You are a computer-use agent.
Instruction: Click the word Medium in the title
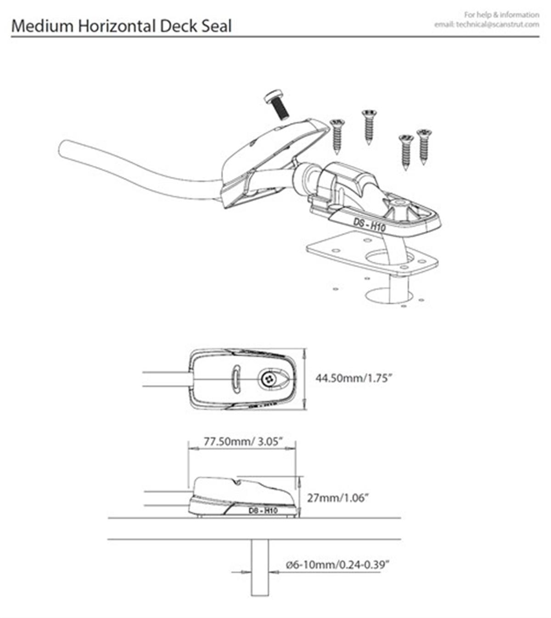42,26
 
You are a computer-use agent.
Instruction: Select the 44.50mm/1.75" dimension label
353,378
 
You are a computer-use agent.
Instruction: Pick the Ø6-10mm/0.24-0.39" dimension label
338,565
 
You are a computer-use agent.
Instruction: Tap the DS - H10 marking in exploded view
370,225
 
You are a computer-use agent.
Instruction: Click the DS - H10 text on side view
263,511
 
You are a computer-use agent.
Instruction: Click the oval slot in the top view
236,379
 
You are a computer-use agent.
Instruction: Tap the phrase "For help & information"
501,15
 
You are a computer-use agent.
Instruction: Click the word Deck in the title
179,26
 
